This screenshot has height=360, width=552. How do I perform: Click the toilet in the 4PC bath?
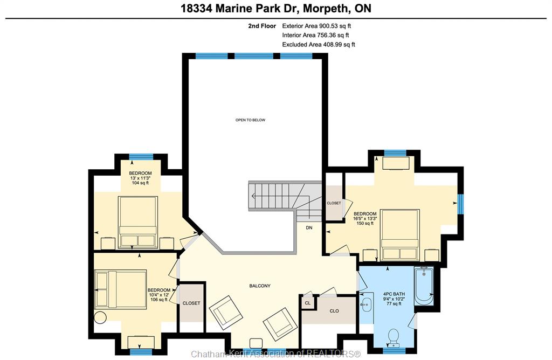(x=394, y=337)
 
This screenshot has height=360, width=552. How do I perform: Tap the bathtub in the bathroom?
(x=424, y=286)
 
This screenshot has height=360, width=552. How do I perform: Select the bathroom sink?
(x=367, y=302)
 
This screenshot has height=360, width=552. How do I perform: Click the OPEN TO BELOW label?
(x=250, y=120)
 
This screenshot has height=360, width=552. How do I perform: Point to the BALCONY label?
(x=260, y=286)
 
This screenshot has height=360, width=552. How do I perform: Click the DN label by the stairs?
(x=309, y=227)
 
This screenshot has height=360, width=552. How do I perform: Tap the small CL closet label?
(x=308, y=303)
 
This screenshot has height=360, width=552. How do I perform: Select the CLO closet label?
(x=334, y=311)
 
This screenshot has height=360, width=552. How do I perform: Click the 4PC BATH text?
(x=394, y=294)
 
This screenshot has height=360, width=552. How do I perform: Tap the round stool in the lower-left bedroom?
(x=100, y=317)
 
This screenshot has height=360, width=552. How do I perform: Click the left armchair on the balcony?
(x=226, y=311)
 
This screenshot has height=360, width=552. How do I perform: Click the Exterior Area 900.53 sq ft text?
(x=316, y=26)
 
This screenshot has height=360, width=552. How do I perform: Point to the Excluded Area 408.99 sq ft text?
(x=319, y=44)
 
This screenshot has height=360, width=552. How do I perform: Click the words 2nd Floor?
(x=262, y=26)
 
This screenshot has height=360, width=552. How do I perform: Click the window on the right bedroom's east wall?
(x=460, y=204)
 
